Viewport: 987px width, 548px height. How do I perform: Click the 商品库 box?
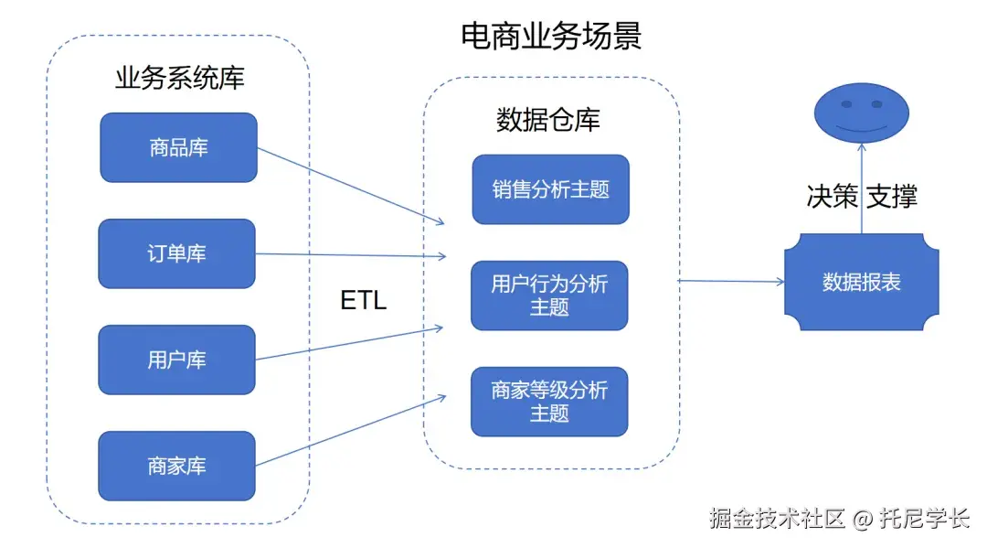[x=178, y=147]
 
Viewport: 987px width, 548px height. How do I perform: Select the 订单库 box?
[x=176, y=253]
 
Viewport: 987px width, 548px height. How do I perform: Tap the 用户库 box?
[x=176, y=360]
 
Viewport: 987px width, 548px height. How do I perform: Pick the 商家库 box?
[x=176, y=466]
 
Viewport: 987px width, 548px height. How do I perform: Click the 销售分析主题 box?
[x=550, y=189]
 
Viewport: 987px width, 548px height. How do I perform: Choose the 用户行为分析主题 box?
[x=549, y=295]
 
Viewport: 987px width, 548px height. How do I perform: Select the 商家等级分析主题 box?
[x=549, y=402]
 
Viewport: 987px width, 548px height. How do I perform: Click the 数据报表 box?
[x=861, y=282]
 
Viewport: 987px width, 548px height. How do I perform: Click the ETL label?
[x=364, y=300]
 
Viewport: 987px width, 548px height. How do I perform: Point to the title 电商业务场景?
[x=551, y=36]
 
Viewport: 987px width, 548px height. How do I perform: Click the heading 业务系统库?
[x=179, y=78]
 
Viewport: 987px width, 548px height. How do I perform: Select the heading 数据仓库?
[x=548, y=120]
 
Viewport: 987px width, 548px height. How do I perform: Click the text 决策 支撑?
[x=861, y=196]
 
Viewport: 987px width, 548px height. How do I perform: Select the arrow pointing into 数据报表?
[x=731, y=282]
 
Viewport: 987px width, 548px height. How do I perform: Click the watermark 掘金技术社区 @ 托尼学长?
[x=839, y=519]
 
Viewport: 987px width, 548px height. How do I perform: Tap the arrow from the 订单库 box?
[x=351, y=255]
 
